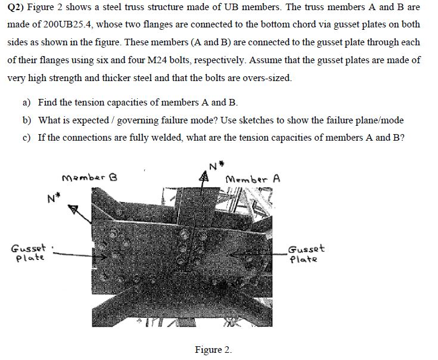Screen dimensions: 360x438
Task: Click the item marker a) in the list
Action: tap(27, 103)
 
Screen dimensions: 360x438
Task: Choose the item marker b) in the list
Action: tap(27, 120)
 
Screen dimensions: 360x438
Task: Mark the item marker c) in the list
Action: tap(27, 138)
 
